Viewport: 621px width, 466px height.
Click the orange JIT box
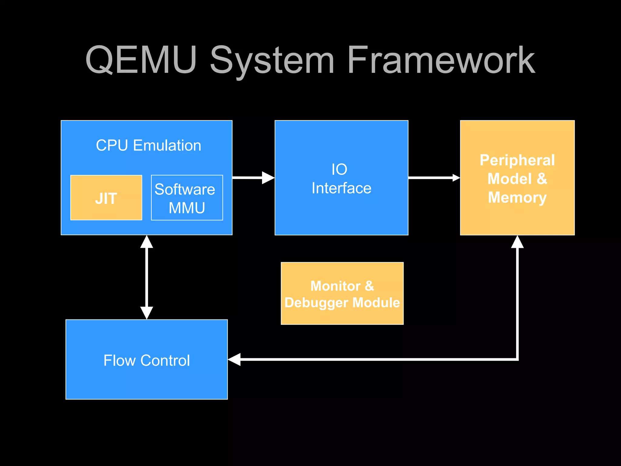[106, 198]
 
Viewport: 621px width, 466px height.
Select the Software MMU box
[187, 198]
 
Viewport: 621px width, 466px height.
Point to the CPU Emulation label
[148, 145]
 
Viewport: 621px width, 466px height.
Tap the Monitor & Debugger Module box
[342, 293]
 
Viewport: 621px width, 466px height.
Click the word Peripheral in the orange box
[517, 160]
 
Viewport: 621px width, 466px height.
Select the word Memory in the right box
[517, 197]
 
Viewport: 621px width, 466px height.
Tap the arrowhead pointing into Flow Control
[234, 360]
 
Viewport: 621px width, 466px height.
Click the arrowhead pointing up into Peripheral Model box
[517, 242]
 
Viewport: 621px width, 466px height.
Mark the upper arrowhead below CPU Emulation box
[146, 242]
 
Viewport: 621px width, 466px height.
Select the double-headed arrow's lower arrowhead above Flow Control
[146, 312]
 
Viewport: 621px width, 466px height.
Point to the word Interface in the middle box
[341, 188]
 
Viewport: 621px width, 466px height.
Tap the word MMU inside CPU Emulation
[187, 208]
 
